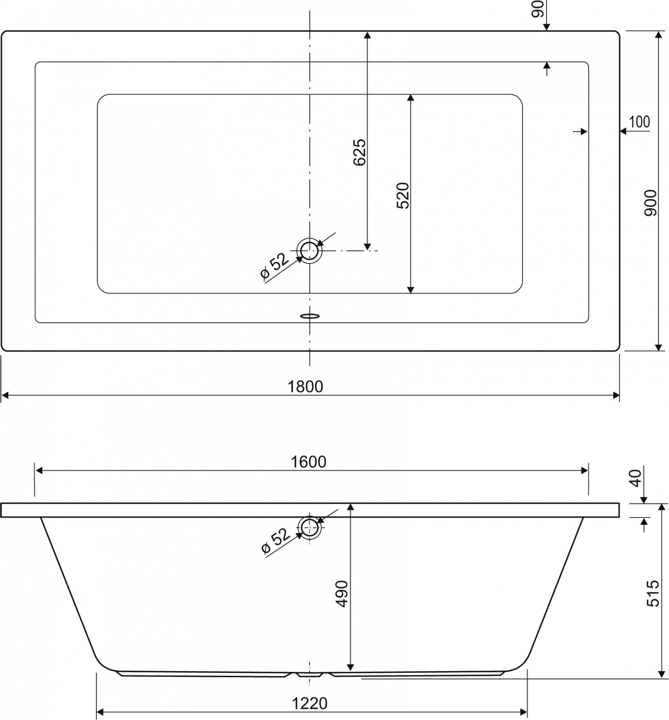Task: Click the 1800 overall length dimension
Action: point(305,386)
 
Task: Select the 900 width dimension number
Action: point(650,203)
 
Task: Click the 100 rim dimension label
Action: point(639,122)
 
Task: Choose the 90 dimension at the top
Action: point(537,9)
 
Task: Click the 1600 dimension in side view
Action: point(308,462)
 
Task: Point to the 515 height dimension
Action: point(653,593)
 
